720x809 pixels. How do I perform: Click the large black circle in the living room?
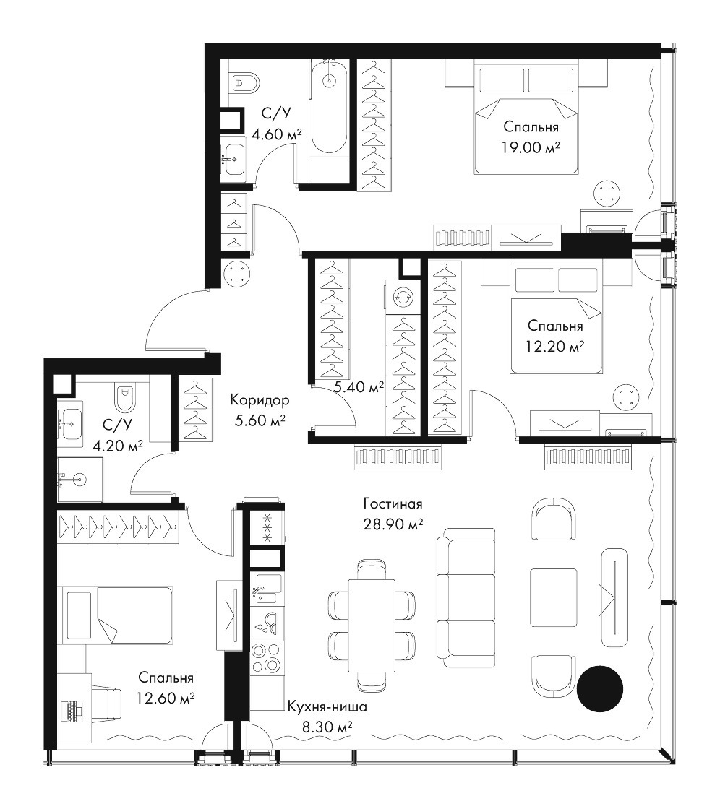coord(600,688)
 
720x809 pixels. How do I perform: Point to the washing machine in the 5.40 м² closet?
coord(400,296)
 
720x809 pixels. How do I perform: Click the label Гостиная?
coord(393,503)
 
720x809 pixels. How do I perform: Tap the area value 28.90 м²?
coord(393,524)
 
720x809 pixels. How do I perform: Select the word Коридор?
coord(260,400)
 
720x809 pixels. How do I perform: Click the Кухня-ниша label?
coord(327,706)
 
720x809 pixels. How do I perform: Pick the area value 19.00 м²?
coord(531,148)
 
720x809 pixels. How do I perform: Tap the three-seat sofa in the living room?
coord(466,598)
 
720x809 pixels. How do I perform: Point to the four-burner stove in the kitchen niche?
coord(267,657)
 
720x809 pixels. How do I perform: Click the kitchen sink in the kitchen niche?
coord(267,592)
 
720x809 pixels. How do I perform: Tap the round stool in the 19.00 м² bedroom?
coord(607,194)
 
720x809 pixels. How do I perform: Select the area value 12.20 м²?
coord(555,347)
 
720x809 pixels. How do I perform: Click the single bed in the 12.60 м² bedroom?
coord(116,615)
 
